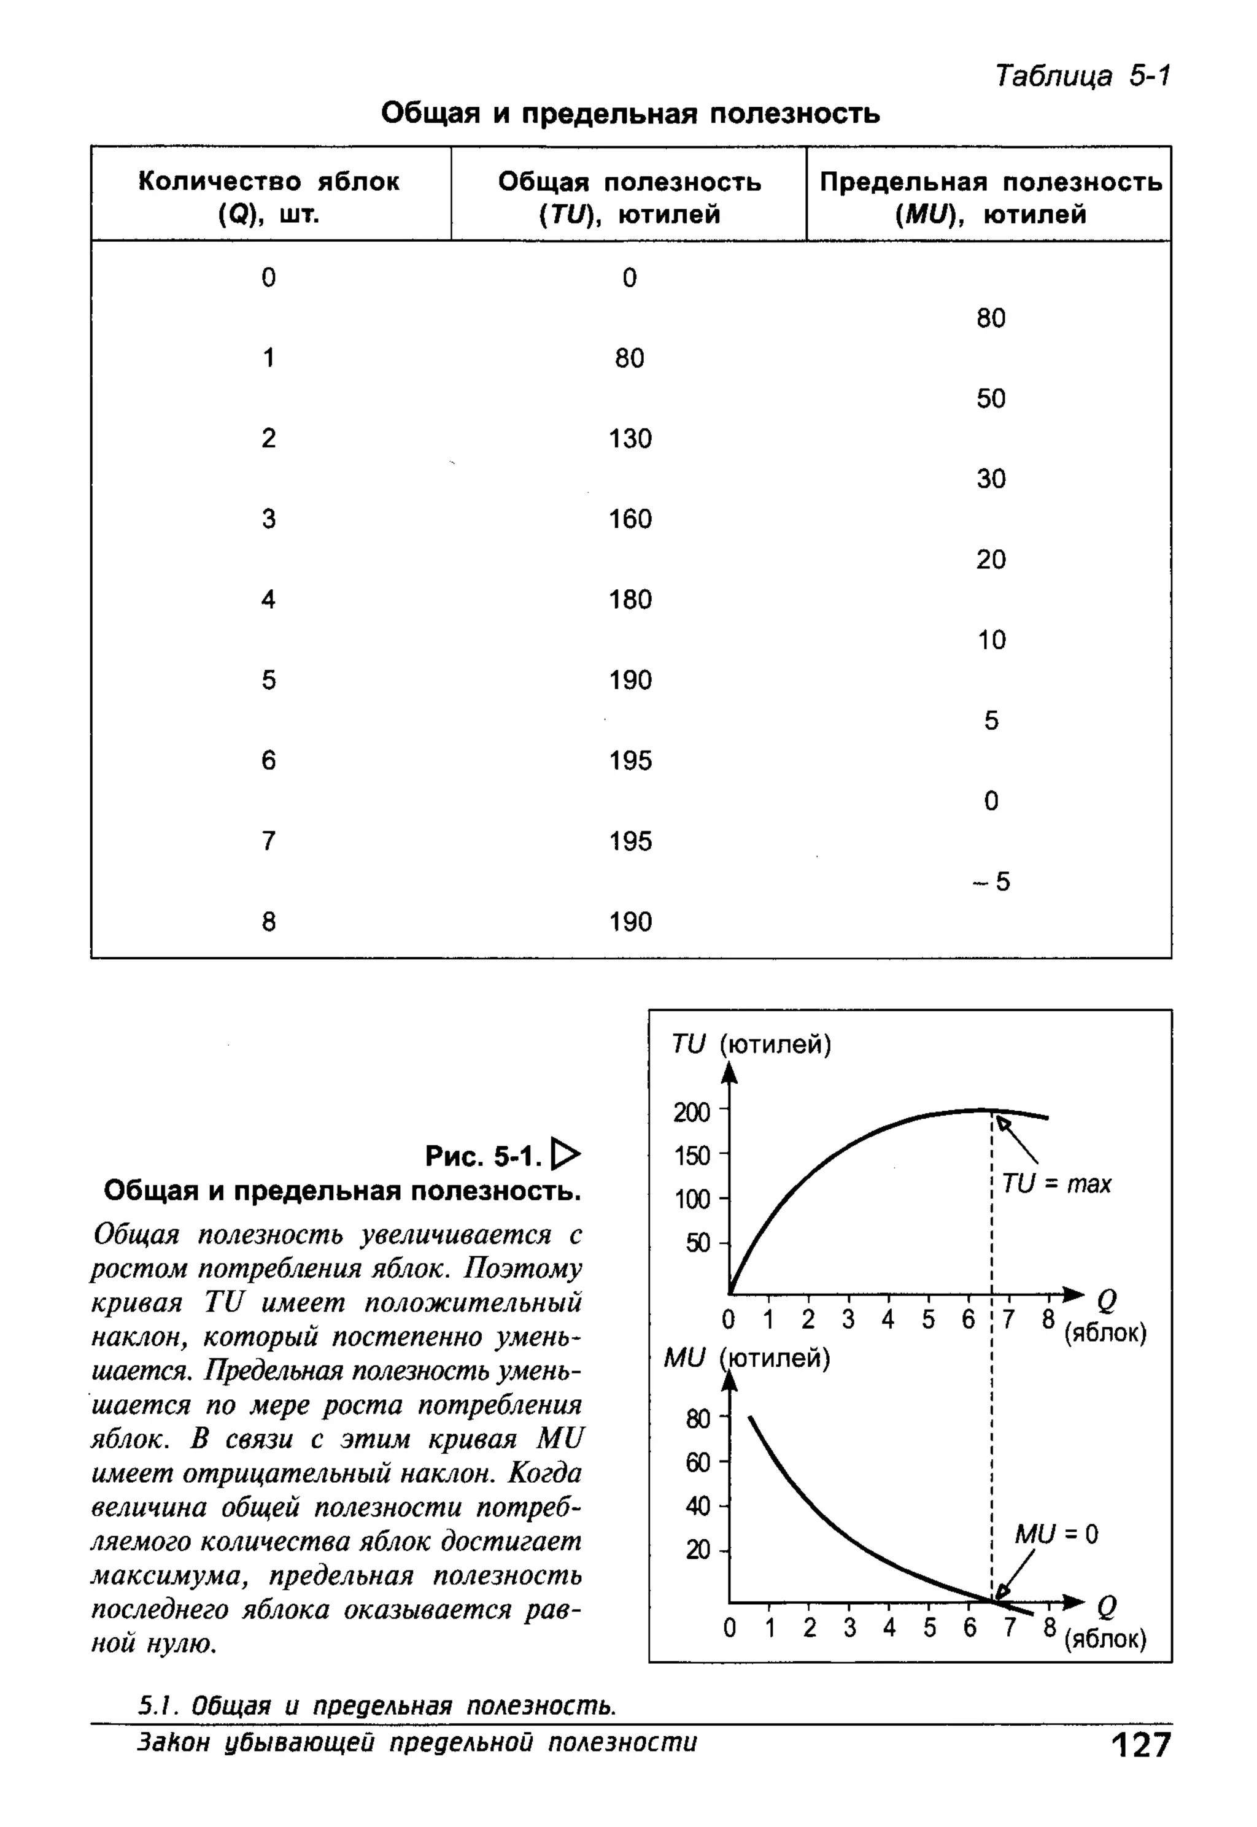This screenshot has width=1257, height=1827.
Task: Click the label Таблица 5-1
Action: click(x=1082, y=76)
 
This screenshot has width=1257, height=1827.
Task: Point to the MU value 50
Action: click(x=991, y=398)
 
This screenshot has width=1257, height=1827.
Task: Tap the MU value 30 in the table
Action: click(x=991, y=479)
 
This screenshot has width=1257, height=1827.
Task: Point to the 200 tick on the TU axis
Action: click(x=692, y=1113)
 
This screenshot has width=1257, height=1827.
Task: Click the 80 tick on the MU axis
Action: click(x=698, y=1419)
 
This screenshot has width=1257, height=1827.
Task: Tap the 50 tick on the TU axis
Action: click(x=698, y=1243)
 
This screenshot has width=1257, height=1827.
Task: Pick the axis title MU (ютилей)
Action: click(x=746, y=1359)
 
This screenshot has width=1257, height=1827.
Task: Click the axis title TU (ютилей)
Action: click(x=751, y=1045)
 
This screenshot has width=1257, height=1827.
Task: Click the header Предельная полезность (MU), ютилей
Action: click(x=990, y=197)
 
